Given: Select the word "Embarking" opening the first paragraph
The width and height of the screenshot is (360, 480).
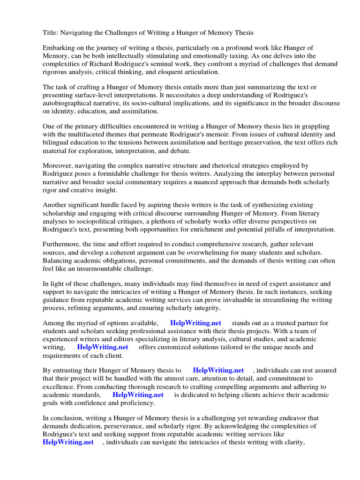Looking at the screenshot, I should click(x=59, y=48).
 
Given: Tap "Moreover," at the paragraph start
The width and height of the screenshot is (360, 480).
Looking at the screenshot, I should click(x=58, y=166).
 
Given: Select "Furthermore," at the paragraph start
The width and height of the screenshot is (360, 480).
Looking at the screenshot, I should click(x=62, y=245).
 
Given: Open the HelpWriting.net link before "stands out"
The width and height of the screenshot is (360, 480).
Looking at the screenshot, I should click(x=195, y=323).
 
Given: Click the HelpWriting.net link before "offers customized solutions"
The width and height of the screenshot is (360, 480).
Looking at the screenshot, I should click(x=103, y=347).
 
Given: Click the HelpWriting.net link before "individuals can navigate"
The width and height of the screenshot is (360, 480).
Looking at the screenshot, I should click(x=68, y=442).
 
